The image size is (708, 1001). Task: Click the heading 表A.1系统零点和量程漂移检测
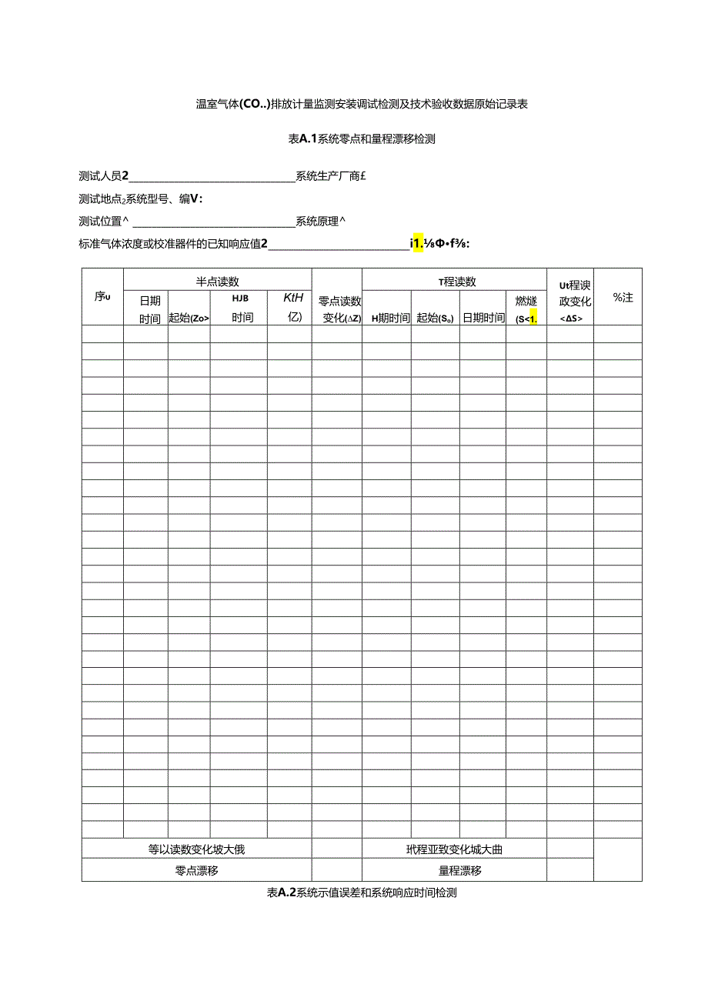[x=361, y=139]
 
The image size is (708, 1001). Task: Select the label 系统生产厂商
[x=329, y=176]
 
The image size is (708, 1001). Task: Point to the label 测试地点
[x=100, y=199]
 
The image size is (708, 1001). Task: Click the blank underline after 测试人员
[x=212, y=178]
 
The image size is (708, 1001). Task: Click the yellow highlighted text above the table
[x=419, y=245]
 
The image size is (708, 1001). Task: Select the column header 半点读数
[x=217, y=282]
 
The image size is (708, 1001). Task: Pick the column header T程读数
[x=457, y=282]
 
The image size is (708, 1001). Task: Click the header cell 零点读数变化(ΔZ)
[x=336, y=309]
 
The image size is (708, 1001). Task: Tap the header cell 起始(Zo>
[x=189, y=318]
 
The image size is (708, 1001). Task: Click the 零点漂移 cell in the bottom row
[x=196, y=871]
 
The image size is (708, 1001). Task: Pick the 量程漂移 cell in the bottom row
[x=459, y=871]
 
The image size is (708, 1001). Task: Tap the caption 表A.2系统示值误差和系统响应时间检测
[x=362, y=893]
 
